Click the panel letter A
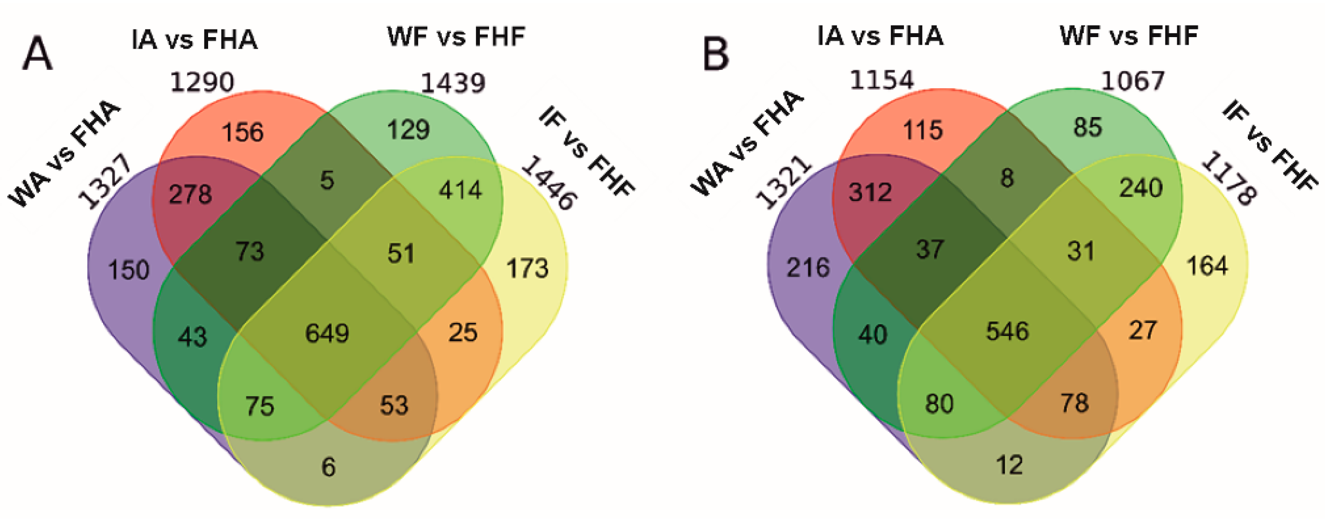coord(37,53)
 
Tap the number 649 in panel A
coord(327,333)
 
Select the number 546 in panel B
coord(1007,331)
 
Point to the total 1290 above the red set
coord(202,82)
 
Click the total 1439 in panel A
coord(452,83)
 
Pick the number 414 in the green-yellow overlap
coord(460,191)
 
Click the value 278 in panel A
coord(190,194)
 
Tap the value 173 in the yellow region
coord(527,268)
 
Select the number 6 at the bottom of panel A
coord(329,467)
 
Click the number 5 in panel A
coord(327,180)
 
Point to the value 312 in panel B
coord(870,192)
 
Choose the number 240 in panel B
coord(1141,188)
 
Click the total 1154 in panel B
coord(882,80)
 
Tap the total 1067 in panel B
coord(1133,81)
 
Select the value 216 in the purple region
coord(808,268)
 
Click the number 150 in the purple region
coord(129,270)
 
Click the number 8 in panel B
coord(1007,178)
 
